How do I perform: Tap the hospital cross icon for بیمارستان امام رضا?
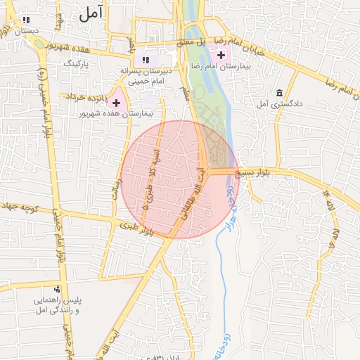click(221, 55)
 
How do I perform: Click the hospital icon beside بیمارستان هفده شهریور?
click(116, 103)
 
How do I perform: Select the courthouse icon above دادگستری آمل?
click(280, 93)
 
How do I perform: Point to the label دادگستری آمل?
click(280, 104)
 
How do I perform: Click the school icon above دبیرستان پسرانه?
click(146, 60)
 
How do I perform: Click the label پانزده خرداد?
click(86, 96)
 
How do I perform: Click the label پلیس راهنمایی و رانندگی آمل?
click(59, 304)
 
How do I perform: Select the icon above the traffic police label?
click(57, 288)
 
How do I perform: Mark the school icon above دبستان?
click(27, 20)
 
